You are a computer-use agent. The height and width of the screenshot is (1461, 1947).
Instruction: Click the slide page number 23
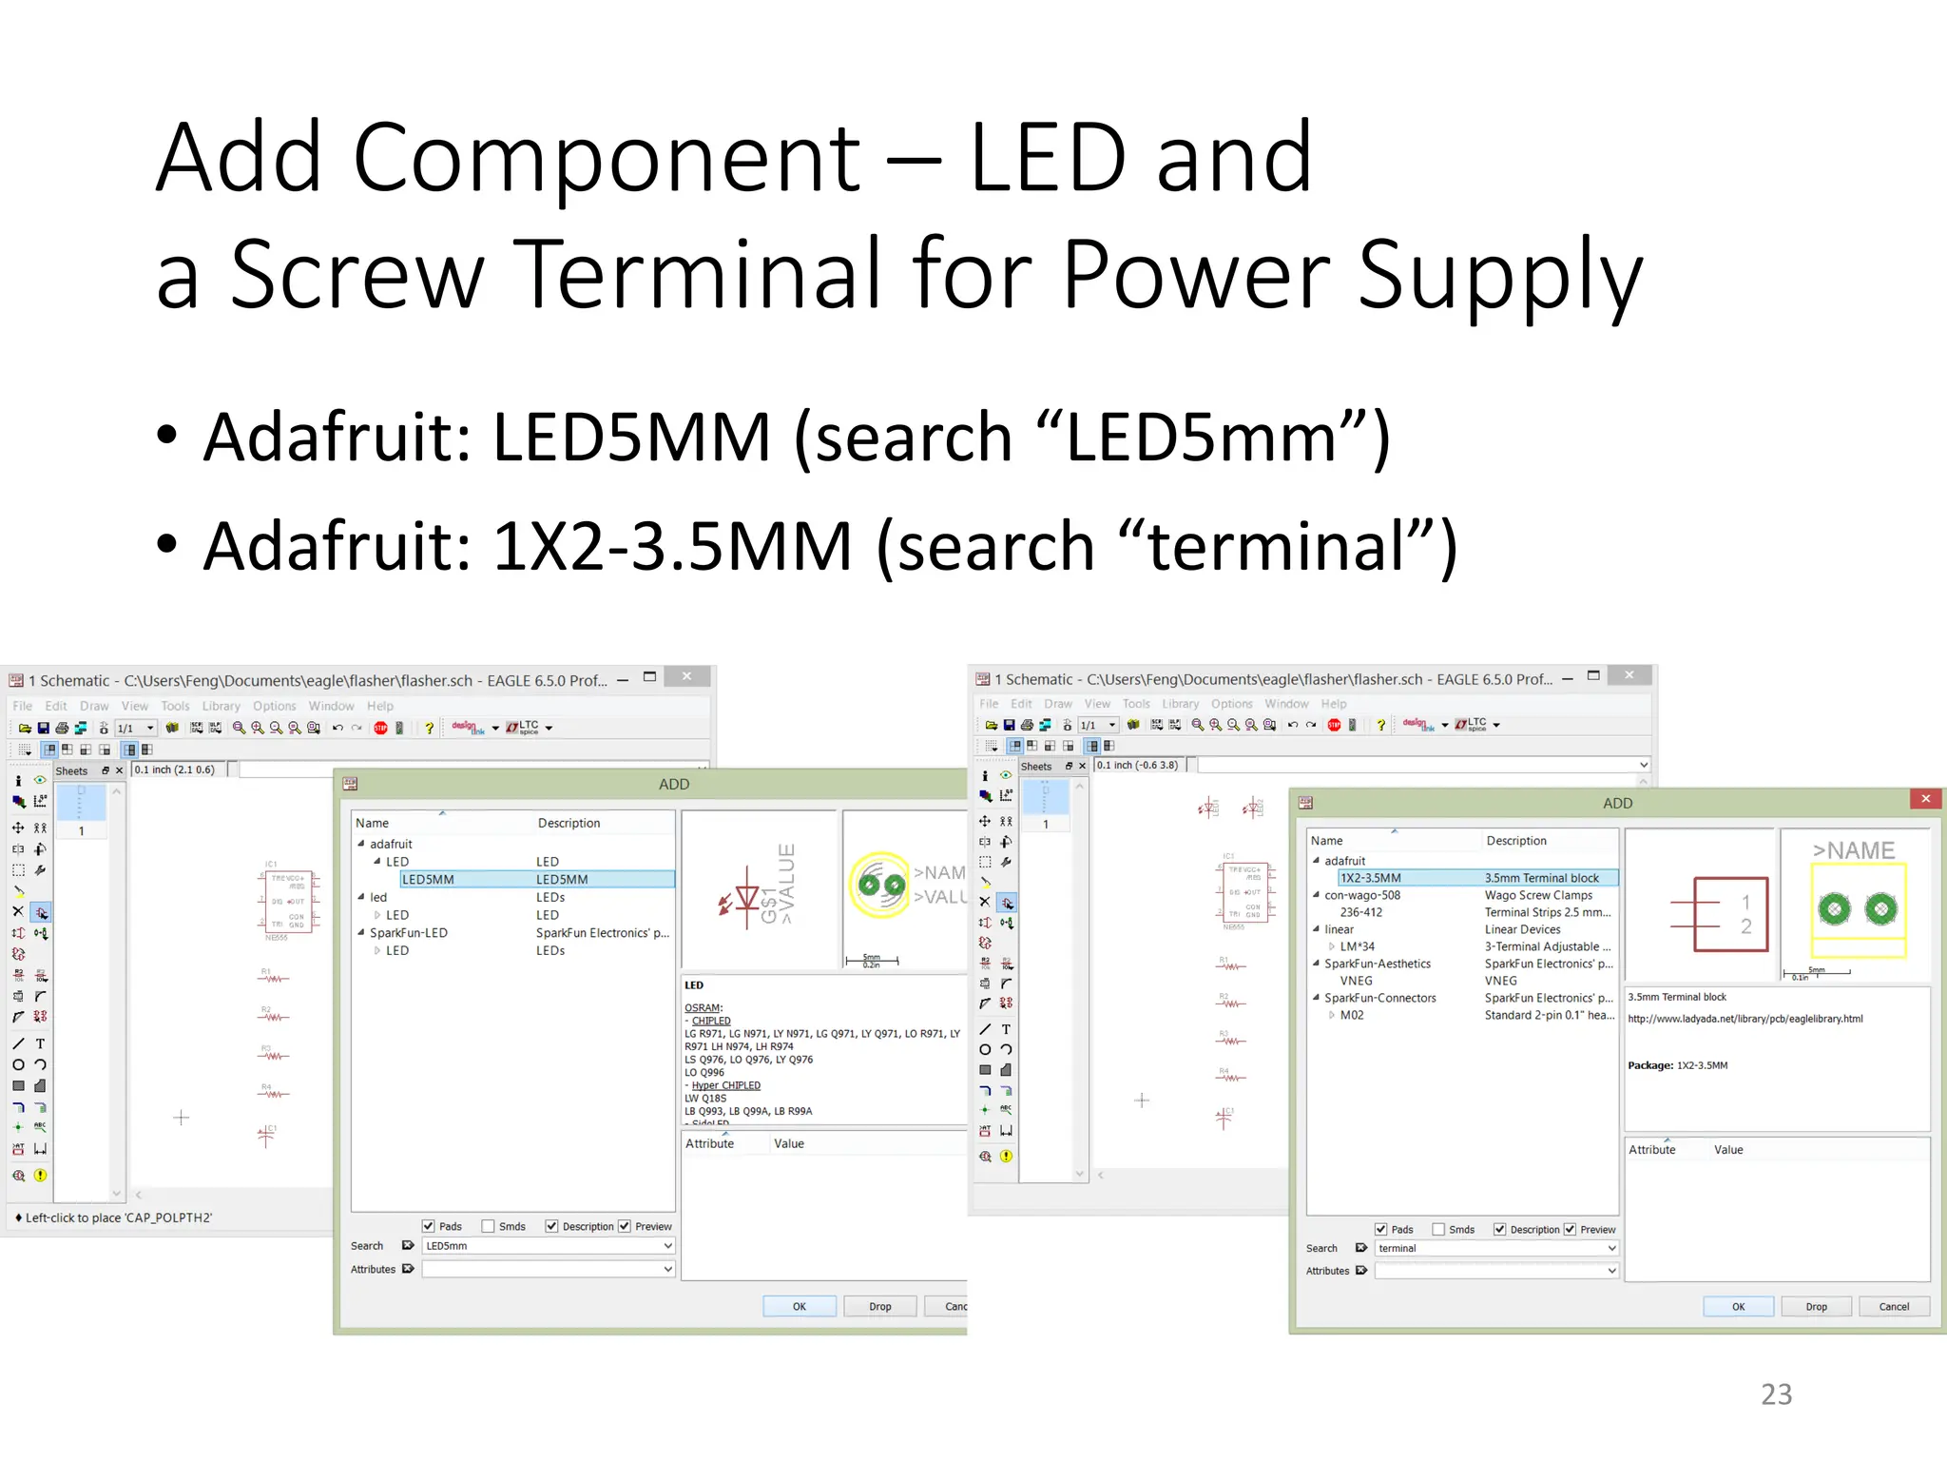coord(1776,1394)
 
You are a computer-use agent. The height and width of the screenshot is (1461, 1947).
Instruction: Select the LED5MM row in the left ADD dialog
coord(428,880)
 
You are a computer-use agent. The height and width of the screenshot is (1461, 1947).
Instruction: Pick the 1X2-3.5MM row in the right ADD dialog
coord(1370,878)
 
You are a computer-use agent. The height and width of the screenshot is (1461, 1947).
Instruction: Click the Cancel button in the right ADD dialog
coord(1894,1307)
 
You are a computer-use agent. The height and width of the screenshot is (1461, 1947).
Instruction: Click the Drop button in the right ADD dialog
coord(1816,1307)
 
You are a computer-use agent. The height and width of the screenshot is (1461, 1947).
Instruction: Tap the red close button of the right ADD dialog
coord(1925,799)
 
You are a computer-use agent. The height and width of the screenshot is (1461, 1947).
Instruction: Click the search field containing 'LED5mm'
coord(542,1246)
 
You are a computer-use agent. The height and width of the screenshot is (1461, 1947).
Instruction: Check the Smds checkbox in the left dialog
coord(489,1227)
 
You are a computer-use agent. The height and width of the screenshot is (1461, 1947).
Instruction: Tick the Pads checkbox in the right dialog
coord(1381,1230)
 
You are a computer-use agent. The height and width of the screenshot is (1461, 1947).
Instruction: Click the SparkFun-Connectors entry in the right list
coord(1379,998)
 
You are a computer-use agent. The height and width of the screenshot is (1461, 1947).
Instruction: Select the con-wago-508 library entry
coord(1362,895)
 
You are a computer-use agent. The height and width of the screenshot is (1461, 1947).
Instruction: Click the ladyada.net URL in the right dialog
coord(1745,1019)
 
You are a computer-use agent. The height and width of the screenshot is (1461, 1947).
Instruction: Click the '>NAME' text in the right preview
coord(1853,850)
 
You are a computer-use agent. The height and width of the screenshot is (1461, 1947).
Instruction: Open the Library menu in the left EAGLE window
coord(221,706)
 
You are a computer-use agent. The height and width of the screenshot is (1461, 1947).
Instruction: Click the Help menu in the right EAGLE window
coord(1333,704)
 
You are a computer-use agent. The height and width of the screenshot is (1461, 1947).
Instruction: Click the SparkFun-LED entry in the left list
coord(409,933)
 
